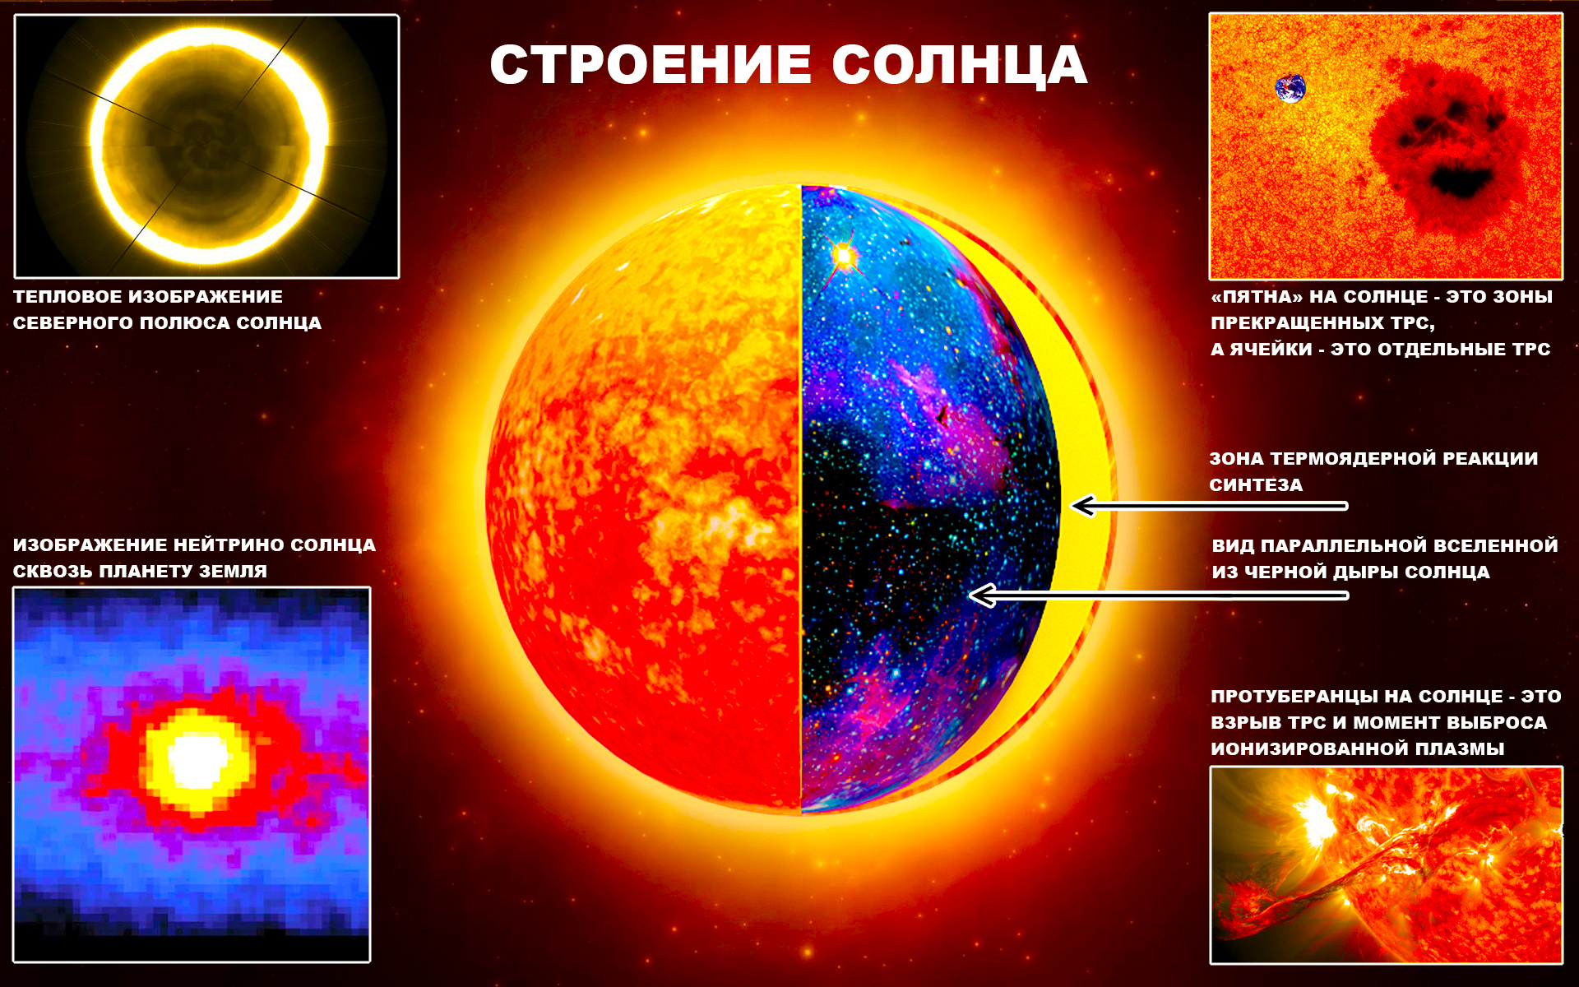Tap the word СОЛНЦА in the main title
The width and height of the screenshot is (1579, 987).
pos(960,66)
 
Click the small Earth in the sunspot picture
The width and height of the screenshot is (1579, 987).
pos(1290,88)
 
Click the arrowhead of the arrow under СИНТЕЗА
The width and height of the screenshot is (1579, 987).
pos(1084,506)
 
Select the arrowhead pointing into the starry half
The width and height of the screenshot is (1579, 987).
pos(982,595)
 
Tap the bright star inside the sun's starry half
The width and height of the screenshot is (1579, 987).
pos(842,256)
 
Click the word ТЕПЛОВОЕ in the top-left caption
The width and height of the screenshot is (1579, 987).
pos(67,296)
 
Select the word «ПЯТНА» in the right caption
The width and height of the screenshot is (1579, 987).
pos(1257,296)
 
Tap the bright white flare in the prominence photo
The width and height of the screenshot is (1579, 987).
pos(1316,818)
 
